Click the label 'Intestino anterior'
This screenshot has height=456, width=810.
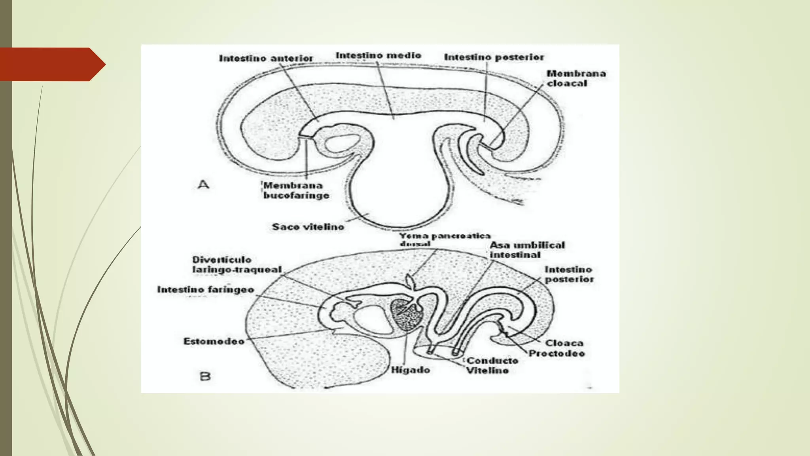(266, 58)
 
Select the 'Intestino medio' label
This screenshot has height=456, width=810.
(378, 55)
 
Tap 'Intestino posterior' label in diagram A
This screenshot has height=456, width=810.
(494, 57)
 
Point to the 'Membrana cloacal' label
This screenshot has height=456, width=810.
(576, 78)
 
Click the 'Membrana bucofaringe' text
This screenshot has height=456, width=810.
(296, 190)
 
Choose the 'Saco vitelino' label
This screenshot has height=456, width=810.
(308, 227)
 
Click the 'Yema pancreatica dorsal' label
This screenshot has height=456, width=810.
(444, 239)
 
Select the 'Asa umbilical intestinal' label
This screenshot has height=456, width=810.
(527, 250)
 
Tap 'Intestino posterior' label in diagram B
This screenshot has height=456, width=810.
(569, 274)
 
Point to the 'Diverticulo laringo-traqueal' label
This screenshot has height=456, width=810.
(237, 264)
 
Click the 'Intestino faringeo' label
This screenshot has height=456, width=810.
(205, 290)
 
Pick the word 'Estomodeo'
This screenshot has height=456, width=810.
(214, 341)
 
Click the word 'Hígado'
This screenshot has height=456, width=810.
(410, 370)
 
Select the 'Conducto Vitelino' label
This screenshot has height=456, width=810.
(492, 365)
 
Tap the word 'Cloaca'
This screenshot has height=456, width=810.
(564, 343)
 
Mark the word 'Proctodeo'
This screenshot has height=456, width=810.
(556, 353)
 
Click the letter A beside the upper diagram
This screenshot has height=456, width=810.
(203, 184)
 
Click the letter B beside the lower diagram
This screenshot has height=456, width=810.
(205, 376)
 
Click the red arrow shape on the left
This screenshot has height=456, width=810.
(51, 64)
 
